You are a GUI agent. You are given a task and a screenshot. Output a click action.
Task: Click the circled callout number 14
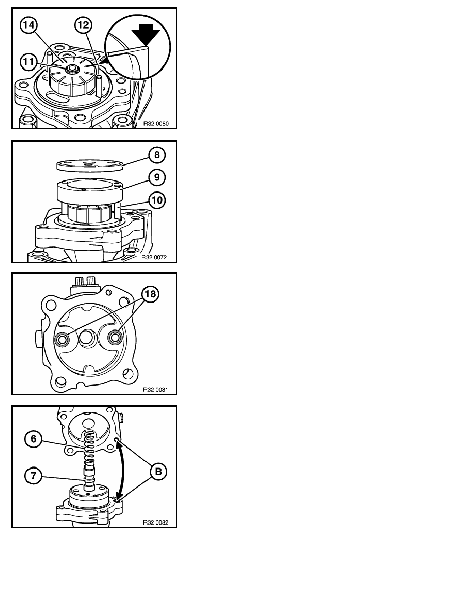point(28,25)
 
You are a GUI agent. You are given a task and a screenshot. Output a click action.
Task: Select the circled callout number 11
point(29,62)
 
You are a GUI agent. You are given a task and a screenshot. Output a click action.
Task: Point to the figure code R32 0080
point(156,124)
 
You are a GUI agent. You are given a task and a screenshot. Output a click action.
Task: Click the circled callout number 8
point(157,155)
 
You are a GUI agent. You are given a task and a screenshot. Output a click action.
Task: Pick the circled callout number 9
point(157,177)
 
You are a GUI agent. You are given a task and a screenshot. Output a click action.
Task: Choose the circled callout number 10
point(157,200)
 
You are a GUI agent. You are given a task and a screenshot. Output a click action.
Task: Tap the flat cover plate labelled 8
point(90,165)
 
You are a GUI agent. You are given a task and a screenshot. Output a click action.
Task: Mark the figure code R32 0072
point(154,257)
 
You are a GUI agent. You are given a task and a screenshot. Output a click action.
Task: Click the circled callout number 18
point(150,294)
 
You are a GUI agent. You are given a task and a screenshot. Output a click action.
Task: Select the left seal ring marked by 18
point(62,340)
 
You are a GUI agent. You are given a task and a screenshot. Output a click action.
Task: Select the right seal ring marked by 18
point(115,338)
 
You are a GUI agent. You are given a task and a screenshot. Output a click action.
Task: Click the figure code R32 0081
point(156,390)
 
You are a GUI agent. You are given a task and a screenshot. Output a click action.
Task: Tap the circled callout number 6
point(33,439)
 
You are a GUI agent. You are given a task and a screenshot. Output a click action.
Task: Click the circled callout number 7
point(33,476)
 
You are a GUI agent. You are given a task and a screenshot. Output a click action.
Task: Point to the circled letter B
point(158,472)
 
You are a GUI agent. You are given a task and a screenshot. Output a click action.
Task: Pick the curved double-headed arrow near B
point(124,471)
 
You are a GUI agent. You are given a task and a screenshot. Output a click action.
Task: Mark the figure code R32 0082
point(156,523)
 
